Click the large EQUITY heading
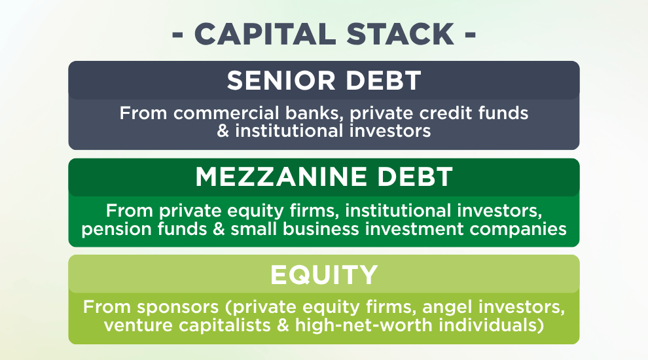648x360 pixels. (x=324, y=274)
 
